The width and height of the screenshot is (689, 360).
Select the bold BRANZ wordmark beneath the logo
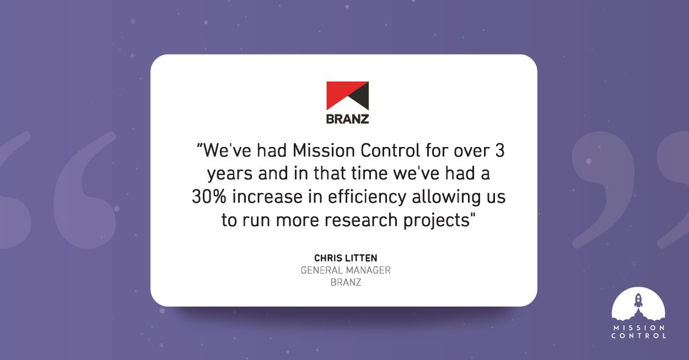tap(346, 120)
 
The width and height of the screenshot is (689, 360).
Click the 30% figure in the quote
tap(208, 198)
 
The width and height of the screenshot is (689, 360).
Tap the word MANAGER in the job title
tap(368, 270)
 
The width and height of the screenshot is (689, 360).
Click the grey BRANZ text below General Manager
tap(346, 282)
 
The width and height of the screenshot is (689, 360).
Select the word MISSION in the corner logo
tap(638, 327)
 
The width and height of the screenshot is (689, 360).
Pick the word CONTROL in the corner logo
tap(638, 336)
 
